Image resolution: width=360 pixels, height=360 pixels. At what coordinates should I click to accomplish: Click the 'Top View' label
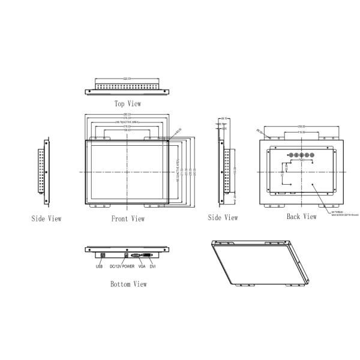[x=128, y=104]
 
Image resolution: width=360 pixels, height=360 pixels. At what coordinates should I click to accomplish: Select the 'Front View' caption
[x=128, y=218]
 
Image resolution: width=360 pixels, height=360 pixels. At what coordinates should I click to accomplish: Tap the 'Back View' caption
[x=301, y=216]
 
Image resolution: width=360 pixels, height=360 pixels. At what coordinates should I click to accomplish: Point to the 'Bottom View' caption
[x=128, y=284]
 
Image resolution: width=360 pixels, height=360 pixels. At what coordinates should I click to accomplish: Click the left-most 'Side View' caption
[x=46, y=218]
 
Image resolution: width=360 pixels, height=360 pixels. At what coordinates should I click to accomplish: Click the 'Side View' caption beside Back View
[x=223, y=217]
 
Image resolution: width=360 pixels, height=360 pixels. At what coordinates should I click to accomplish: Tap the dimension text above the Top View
[x=128, y=77]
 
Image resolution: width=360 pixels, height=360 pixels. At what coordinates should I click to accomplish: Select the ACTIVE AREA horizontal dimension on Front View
[x=127, y=122]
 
